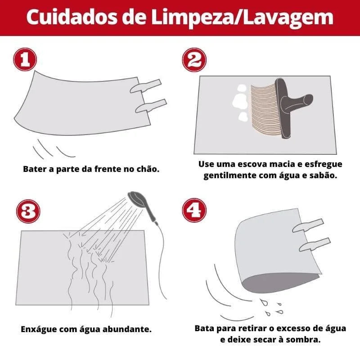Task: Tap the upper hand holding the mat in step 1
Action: (x=145, y=86)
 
